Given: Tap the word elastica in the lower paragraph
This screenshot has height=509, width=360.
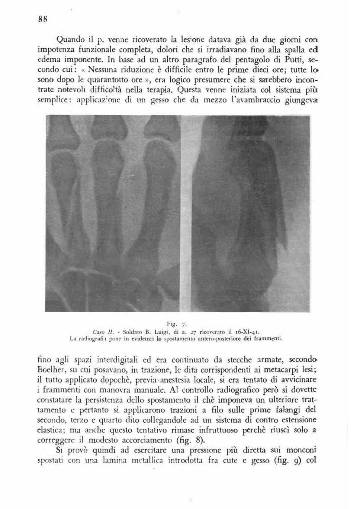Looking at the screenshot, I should tap(51, 430).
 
